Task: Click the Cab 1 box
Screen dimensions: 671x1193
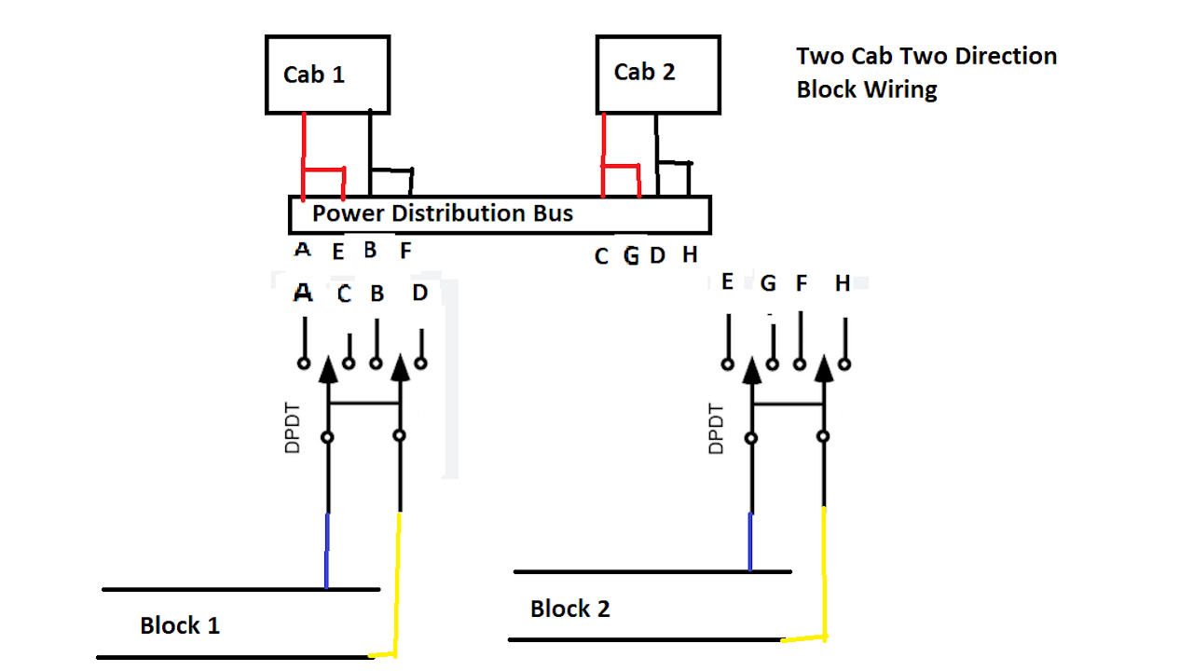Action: click(x=327, y=75)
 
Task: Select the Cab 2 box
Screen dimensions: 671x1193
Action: click(x=658, y=72)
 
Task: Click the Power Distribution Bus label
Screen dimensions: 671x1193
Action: click(x=443, y=213)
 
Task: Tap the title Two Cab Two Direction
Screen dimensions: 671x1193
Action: click(x=926, y=56)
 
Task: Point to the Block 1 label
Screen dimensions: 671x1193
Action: click(x=180, y=625)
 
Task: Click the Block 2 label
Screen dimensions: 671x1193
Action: click(x=570, y=609)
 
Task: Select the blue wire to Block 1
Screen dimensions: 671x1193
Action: click(x=326, y=550)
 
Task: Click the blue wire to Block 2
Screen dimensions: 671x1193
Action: click(x=750, y=541)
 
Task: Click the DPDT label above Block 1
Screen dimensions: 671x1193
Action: click(x=293, y=428)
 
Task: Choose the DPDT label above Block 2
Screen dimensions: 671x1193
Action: click(x=716, y=428)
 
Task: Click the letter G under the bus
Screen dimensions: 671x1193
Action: click(x=631, y=255)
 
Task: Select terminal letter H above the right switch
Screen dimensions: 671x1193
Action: click(x=843, y=283)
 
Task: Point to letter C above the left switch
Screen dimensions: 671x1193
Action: click(x=344, y=294)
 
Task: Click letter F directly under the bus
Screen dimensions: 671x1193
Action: click(x=405, y=251)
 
